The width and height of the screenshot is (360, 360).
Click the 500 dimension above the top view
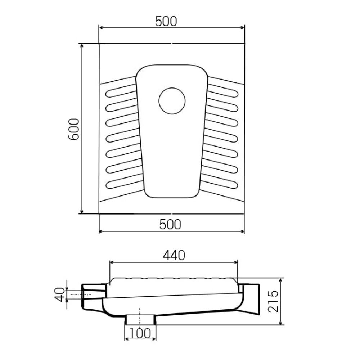(166, 21)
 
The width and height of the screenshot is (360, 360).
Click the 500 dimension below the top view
(170, 224)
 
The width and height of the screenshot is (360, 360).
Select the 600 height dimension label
(74, 129)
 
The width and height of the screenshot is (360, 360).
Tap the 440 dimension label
(174, 255)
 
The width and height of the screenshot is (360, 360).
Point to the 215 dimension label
(273, 301)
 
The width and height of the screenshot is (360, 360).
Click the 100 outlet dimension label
(140, 333)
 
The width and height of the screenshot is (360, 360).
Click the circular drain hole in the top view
(172, 101)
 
